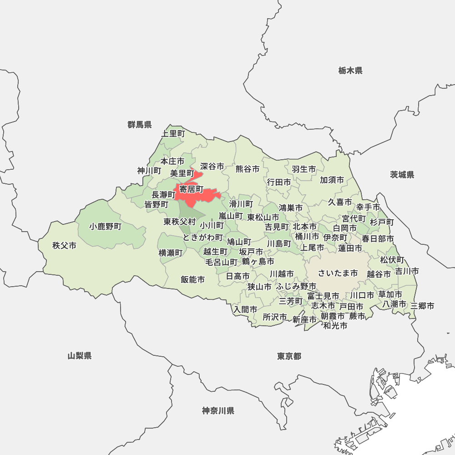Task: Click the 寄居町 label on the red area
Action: coord(191,188)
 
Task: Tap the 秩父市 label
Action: coord(64,246)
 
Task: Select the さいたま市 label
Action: coord(338,273)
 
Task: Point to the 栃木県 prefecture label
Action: coord(350,71)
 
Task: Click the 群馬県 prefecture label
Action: coord(140,125)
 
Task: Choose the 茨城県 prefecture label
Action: coord(402,175)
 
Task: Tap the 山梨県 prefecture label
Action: coord(80,356)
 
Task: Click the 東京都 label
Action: coord(289,356)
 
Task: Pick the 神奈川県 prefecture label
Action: coord(218,411)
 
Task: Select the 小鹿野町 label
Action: coord(106,226)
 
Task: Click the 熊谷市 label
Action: coord(248,169)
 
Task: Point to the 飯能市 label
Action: coord(192,279)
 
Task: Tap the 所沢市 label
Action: coord(275,317)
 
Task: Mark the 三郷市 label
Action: coord(422,306)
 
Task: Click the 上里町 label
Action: coord(173,134)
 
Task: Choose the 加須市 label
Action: coord(332,180)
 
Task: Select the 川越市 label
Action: coord(282,274)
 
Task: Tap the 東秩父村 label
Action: coord(180,222)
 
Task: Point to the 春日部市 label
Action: coord(378,238)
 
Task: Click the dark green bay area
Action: coord(409,409)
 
